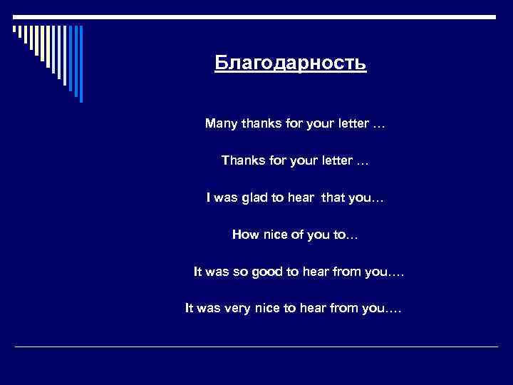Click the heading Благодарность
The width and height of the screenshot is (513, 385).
point(291,64)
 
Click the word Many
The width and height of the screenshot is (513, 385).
point(221,123)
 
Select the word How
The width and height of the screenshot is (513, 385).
point(245,234)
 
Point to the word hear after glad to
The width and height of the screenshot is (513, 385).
point(299,197)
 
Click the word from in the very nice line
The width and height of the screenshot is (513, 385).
point(342,309)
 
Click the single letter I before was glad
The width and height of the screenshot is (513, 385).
point(209,197)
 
